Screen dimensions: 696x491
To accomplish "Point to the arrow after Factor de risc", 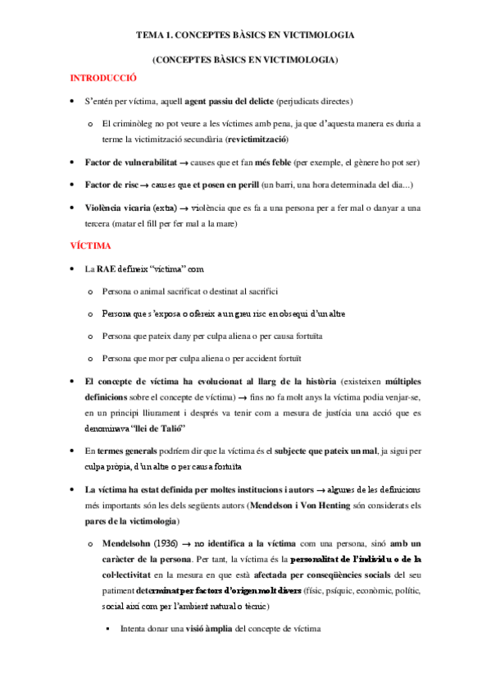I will [x=156, y=185].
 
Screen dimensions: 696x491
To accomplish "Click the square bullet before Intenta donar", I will [x=107, y=628].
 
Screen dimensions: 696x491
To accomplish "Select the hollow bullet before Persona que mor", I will [x=90, y=358].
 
